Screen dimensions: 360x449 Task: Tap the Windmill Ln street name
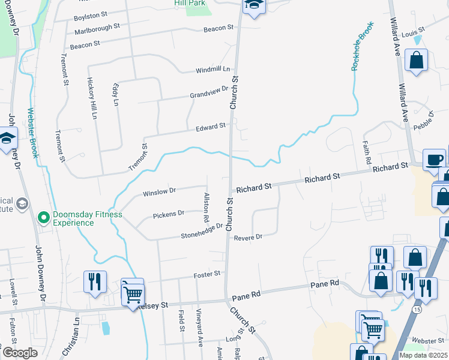[x=213, y=70]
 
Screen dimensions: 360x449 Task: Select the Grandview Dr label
[x=209, y=92]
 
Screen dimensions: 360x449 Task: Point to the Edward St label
[x=210, y=127]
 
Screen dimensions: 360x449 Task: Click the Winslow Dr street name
[x=159, y=193]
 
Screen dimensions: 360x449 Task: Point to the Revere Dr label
[x=248, y=237]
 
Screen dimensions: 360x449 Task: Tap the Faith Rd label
[x=366, y=154]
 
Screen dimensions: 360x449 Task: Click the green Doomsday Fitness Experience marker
[x=43, y=218]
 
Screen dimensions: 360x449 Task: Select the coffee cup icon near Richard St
[x=435, y=160]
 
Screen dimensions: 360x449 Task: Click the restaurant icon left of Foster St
[x=95, y=281]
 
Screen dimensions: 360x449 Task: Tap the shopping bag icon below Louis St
[x=416, y=60]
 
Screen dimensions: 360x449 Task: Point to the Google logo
[x=20, y=353]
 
